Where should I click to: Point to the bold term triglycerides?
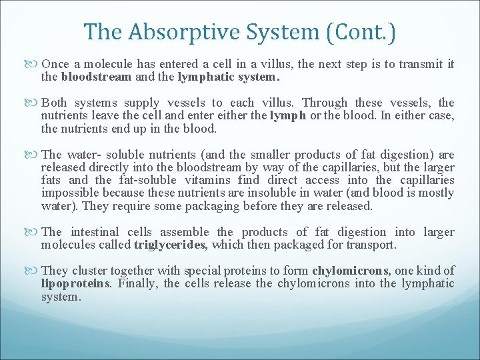(171, 245)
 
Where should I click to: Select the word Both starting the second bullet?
(54, 103)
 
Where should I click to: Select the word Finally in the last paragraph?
(137, 283)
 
